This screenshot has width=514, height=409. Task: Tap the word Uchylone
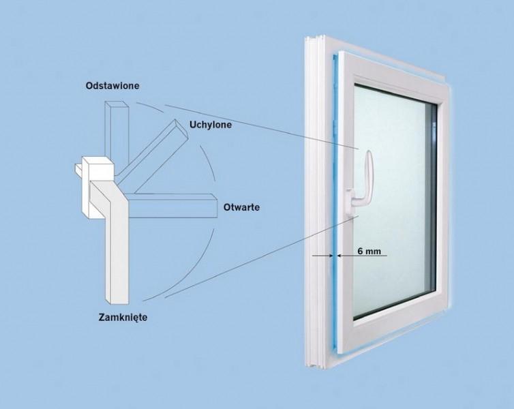click(210, 125)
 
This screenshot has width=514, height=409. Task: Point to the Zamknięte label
click(123, 317)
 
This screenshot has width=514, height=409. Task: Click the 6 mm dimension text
click(369, 251)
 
